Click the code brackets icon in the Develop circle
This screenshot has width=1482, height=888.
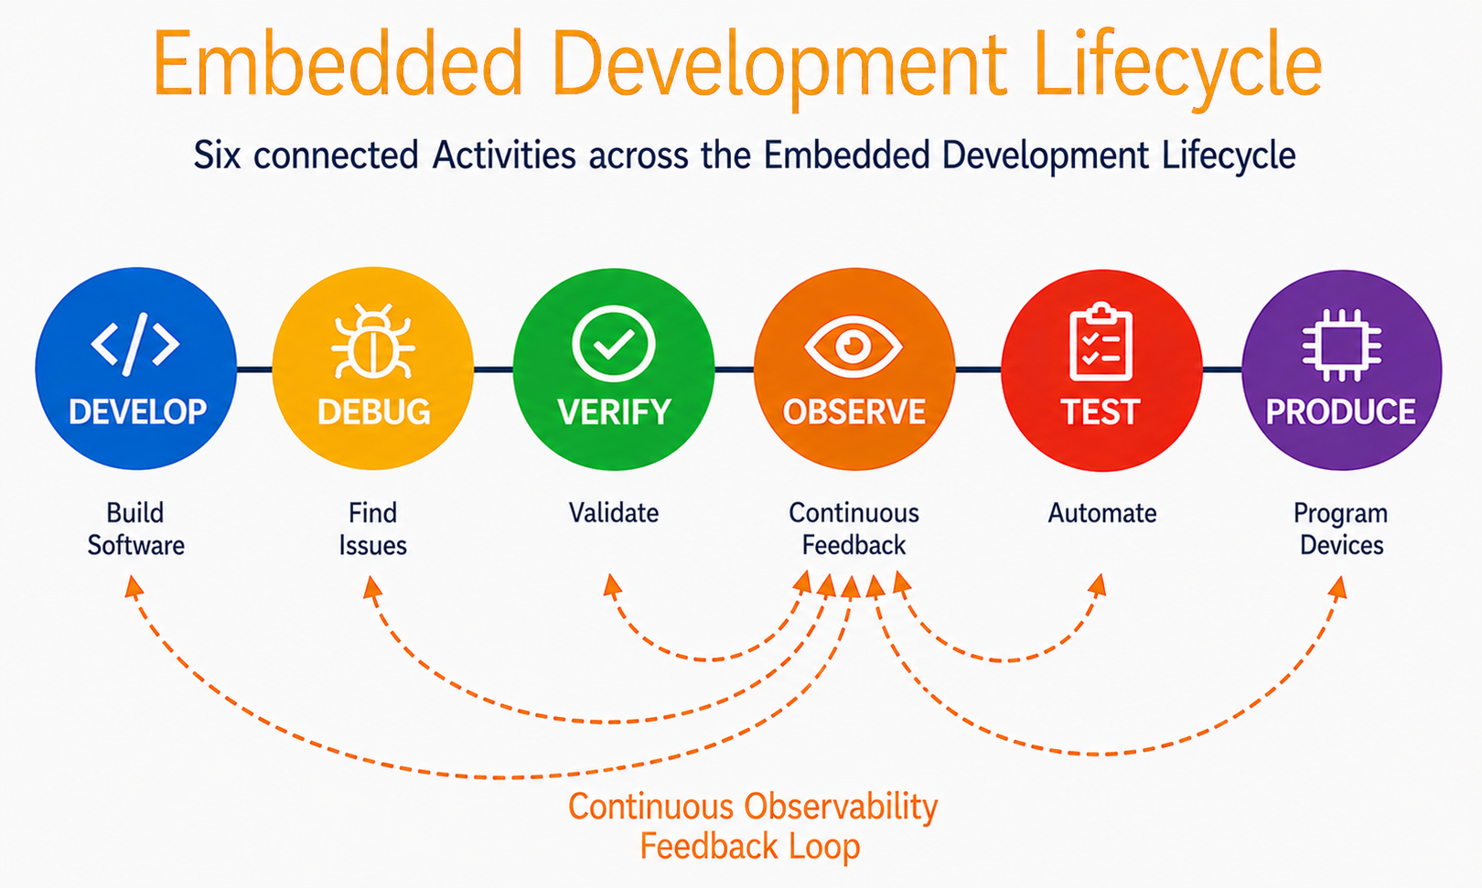click(135, 343)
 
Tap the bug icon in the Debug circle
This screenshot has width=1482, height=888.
click(373, 341)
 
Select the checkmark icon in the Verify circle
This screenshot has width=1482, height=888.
click(613, 343)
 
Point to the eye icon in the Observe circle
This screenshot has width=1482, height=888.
click(854, 346)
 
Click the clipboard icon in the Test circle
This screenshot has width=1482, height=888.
click(1101, 341)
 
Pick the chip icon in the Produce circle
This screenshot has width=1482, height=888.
click(1341, 345)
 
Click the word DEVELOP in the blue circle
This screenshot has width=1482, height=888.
click(137, 412)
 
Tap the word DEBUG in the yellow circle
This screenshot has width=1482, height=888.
click(374, 412)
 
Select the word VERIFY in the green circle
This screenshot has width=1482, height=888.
click(614, 412)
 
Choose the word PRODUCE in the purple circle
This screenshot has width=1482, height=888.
click(1341, 412)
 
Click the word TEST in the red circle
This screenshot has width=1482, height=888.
click(1101, 412)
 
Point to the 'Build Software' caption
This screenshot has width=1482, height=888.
click(135, 529)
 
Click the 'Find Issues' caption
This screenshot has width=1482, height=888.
click(373, 529)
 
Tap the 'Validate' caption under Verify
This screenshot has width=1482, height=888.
click(614, 513)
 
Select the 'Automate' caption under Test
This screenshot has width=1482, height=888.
click(1102, 513)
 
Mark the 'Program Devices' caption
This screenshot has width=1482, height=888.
click(1341, 529)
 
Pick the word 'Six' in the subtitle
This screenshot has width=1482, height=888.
click(217, 156)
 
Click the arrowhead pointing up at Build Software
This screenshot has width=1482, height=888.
click(133, 587)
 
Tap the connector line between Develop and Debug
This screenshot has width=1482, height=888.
click(254, 369)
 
